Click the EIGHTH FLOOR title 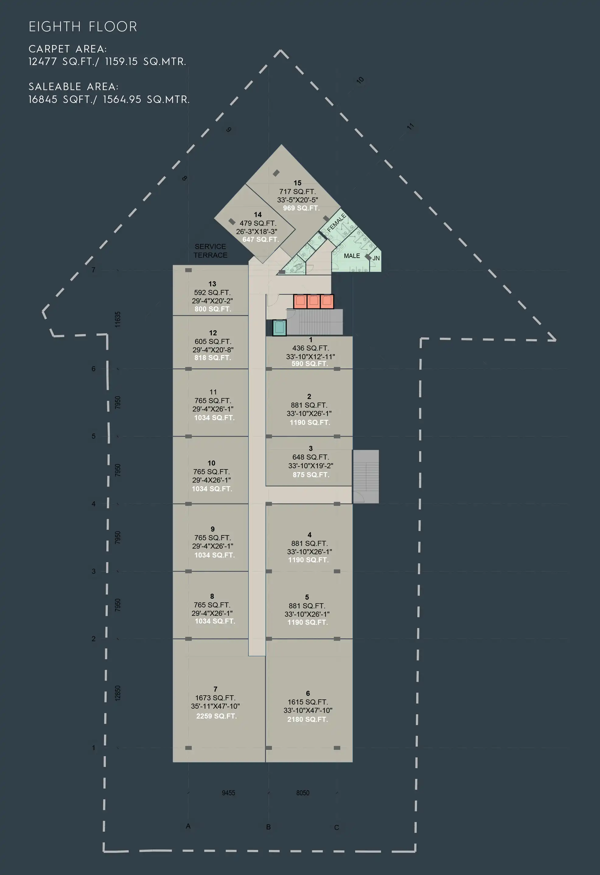tap(83, 27)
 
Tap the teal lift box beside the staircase tap(279, 328)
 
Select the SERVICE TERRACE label tap(211, 251)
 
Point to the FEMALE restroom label tap(337, 222)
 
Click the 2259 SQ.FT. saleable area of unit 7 tap(216, 716)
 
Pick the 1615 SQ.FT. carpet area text tap(308, 702)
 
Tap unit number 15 tap(297, 183)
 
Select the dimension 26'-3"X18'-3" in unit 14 tap(257, 232)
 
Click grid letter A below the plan tap(188, 826)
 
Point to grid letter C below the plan tap(337, 827)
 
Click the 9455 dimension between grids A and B tap(228, 793)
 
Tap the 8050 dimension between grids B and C tap(303, 793)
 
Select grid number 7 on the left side tap(93, 270)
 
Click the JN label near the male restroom tap(376, 258)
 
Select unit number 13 tap(212, 284)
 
